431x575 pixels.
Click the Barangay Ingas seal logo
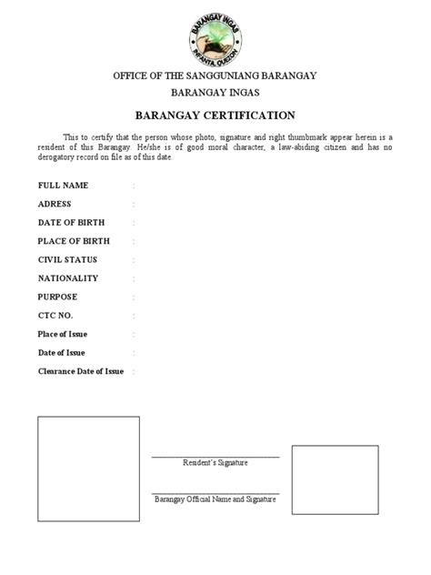[x=214, y=35]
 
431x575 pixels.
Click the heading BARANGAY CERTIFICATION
[x=215, y=116]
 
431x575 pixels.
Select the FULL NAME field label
[x=63, y=185]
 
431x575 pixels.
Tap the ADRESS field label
[x=55, y=204]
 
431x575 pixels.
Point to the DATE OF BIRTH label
[x=74, y=222]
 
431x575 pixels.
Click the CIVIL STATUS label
[x=67, y=259]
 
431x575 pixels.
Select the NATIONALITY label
[x=68, y=278]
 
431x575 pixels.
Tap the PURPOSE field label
[x=57, y=297]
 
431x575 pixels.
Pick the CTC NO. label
[x=55, y=315]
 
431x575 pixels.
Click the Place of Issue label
[x=62, y=334]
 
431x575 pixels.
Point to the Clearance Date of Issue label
[x=80, y=371]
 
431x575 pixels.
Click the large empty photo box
[x=88, y=469]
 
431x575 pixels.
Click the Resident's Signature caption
[x=215, y=463]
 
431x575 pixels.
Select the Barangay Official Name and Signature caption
[x=215, y=499]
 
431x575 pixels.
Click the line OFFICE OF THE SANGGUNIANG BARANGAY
[x=215, y=75]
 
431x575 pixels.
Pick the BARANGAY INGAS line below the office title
[x=215, y=93]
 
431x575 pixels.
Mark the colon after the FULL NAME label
[x=134, y=186]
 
